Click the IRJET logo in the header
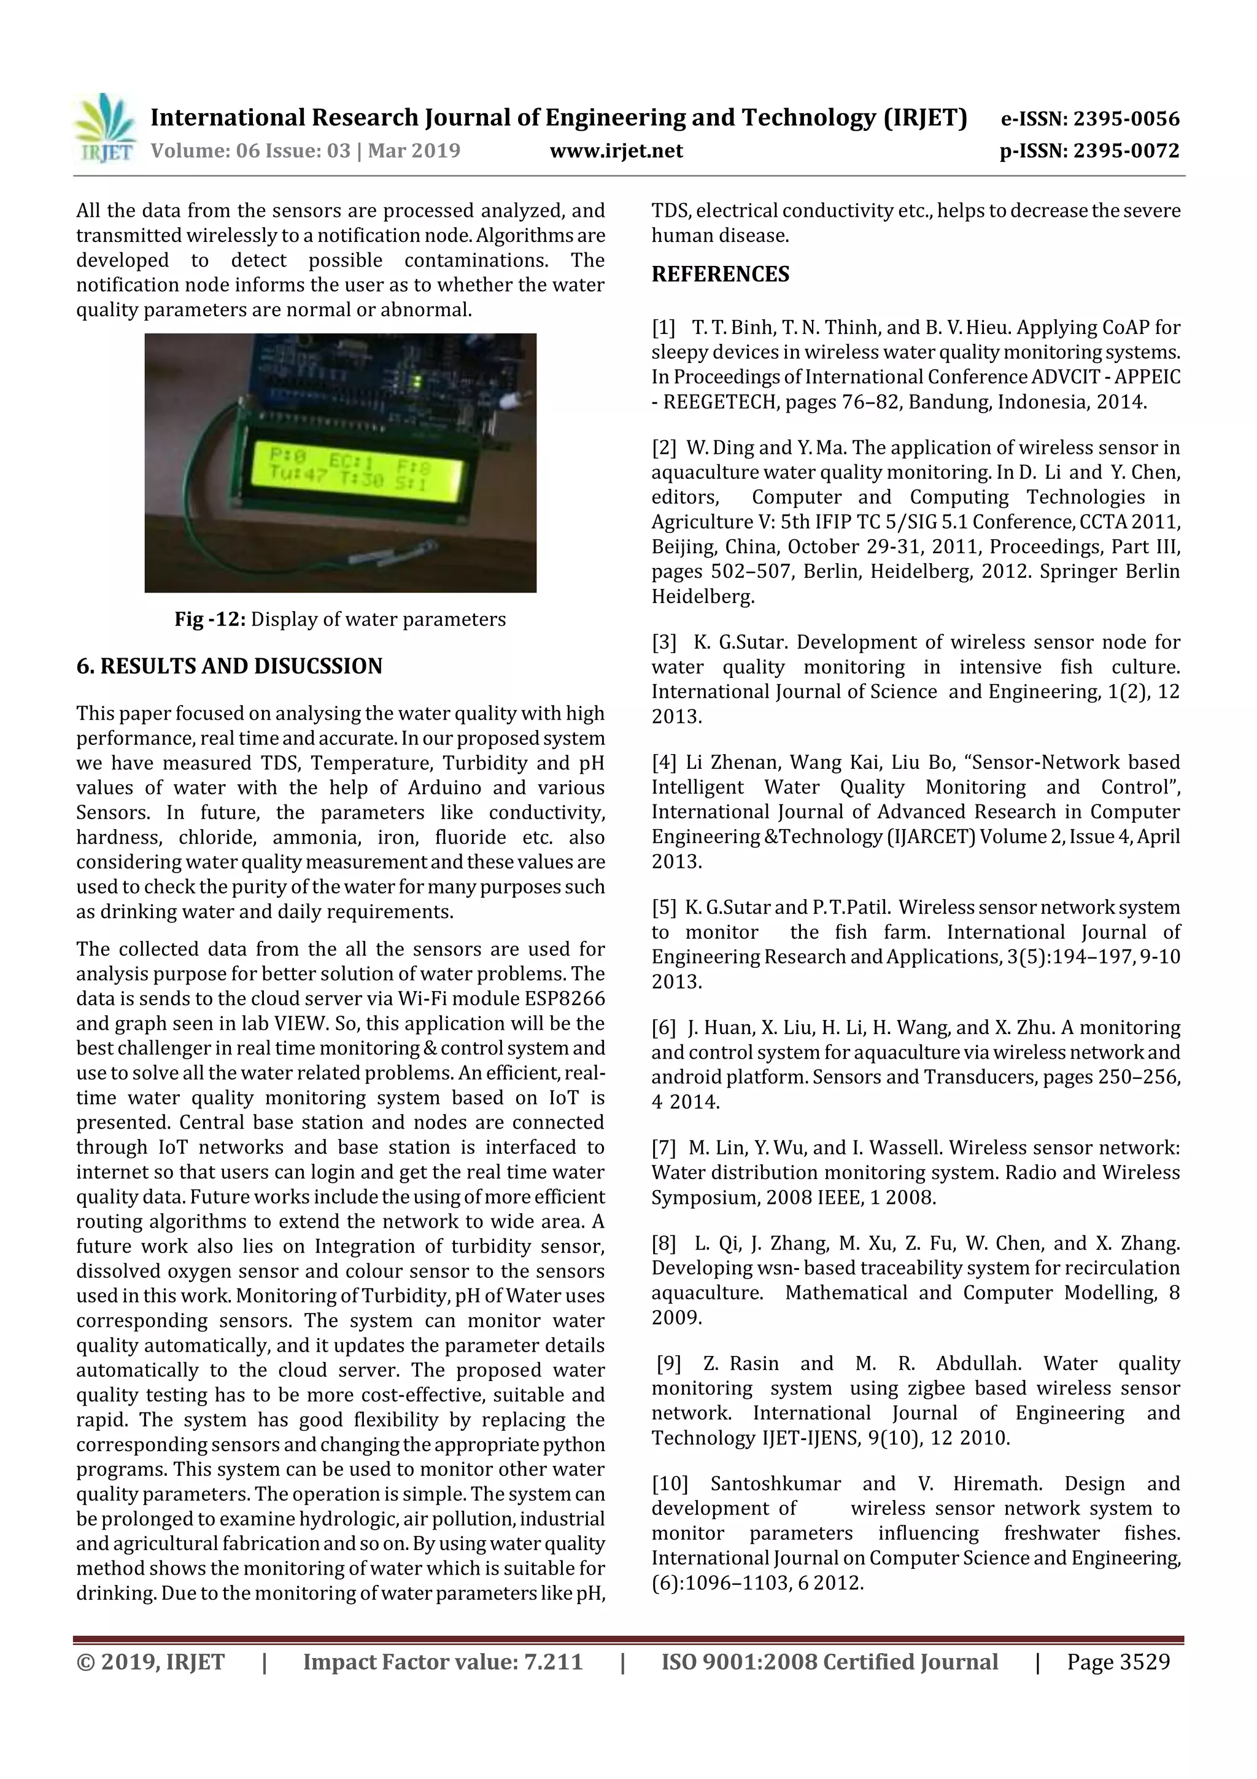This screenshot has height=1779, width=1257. coord(104,128)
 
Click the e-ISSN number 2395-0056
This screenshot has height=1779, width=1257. coord(1125,119)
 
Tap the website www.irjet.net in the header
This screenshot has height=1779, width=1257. coord(616,150)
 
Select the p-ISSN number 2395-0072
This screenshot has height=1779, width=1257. coord(1125,150)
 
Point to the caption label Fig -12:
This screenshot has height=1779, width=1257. coord(210,619)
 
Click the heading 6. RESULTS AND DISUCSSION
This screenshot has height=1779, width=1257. coord(230,666)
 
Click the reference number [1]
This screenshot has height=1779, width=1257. coord(663,328)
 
